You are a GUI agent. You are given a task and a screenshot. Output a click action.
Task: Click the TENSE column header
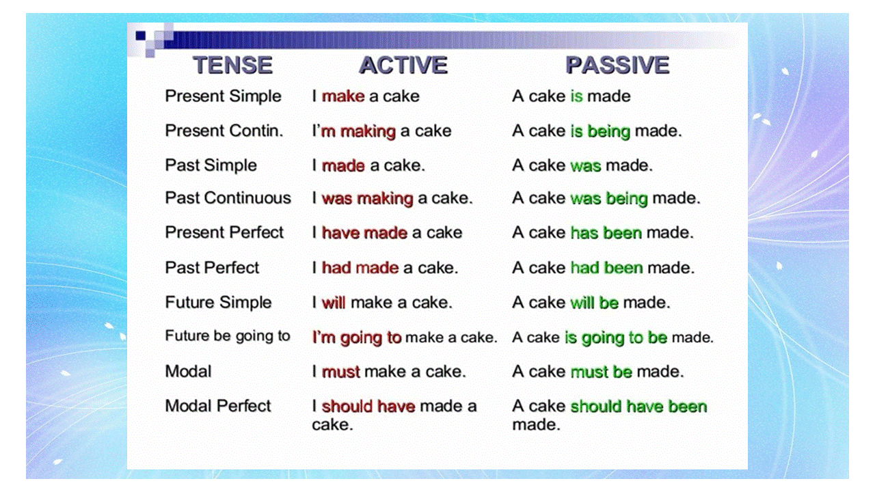(233, 65)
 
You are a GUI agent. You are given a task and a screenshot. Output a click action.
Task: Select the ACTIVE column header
(403, 65)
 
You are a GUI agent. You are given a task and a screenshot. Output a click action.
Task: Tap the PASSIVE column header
(618, 65)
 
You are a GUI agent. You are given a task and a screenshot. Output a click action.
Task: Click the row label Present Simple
(223, 96)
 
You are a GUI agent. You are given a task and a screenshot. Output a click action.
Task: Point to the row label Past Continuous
(228, 198)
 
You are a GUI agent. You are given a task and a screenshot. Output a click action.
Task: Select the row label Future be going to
(228, 336)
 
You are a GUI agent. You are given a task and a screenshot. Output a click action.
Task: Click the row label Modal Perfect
(217, 406)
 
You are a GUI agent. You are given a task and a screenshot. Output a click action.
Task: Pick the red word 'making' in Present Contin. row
(368, 132)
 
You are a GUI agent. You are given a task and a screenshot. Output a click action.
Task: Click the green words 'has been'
(606, 233)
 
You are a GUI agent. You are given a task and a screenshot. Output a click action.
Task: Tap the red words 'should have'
(368, 407)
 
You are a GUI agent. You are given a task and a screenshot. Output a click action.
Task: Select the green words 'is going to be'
(616, 338)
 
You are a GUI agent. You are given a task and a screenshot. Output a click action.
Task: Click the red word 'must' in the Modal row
(340, 372)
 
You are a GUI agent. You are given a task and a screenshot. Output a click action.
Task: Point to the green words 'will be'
(594, 303)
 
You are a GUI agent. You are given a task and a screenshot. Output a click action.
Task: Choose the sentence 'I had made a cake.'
(385, 268)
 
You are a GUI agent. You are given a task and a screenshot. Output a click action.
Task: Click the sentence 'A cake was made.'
(582, 165)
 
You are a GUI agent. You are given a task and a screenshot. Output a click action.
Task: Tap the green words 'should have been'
(638, 407)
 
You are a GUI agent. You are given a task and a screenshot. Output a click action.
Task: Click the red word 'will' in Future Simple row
(333, 303)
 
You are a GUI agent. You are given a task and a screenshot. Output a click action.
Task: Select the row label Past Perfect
(212, 268)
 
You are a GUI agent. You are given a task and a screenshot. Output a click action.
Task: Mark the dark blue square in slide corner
(140, 36)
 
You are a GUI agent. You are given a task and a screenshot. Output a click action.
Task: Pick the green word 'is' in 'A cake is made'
(576, 96)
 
